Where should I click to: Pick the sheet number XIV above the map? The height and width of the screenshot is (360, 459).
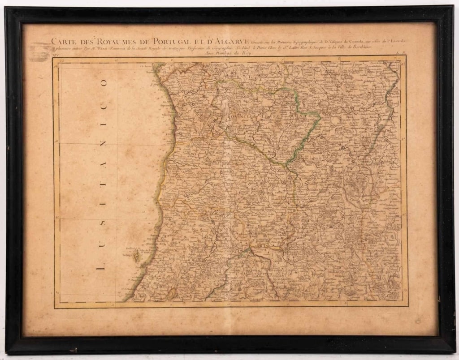click(56, 55)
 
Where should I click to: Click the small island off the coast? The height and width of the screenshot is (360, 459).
click(136, 257)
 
